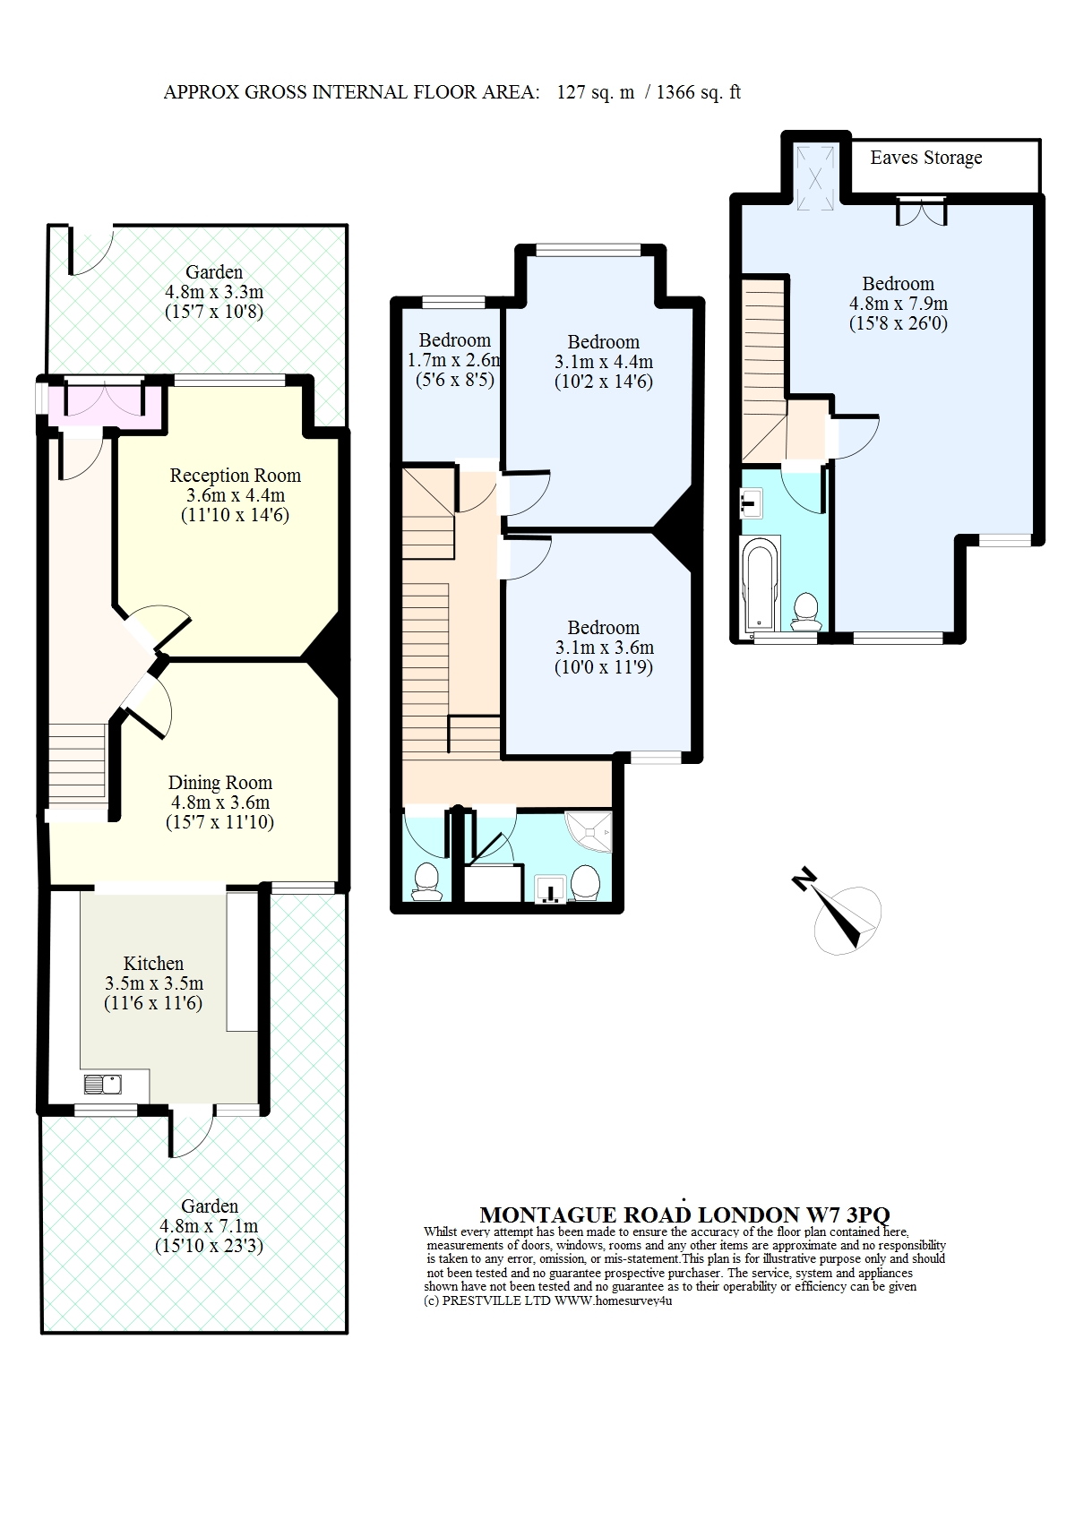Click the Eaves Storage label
[x=925, y=158]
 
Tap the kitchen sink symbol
[x=102, y=1085]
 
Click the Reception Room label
[x=236, y=476]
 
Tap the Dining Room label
[x=220, y=783]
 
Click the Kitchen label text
[x=153, y=963]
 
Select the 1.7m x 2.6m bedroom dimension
[x=454, y=360]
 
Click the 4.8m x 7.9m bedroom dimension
[x=899, y=303]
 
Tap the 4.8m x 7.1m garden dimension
[x=209, y=1225]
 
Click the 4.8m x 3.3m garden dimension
[x=214, y=292]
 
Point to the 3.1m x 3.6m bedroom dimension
[x=604, y=648]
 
